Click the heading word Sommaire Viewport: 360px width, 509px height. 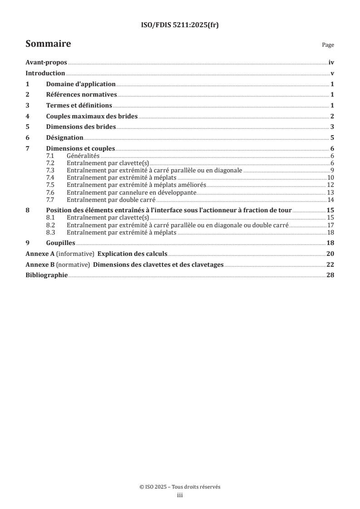[x=48, y=44]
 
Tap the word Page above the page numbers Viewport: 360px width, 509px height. [x=328, y=45]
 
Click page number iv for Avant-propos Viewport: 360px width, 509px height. [x=331, y=63]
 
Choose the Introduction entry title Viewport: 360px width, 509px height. [x=45, y=73]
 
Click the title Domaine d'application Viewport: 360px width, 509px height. [x=81, y=84]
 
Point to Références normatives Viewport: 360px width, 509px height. [x=82, y=95]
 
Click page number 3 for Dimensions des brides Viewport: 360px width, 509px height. [x=332, y=127]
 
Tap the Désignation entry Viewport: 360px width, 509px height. [x=64, y=137]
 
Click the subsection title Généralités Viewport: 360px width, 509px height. [x=83, y=156]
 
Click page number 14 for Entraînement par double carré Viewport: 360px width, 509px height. [x=331, y=200]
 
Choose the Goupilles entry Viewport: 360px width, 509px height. [x=61, y=243]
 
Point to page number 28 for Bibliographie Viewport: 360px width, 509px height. [x=330, y=275]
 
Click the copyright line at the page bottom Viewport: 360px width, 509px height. [x=180, y=487]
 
